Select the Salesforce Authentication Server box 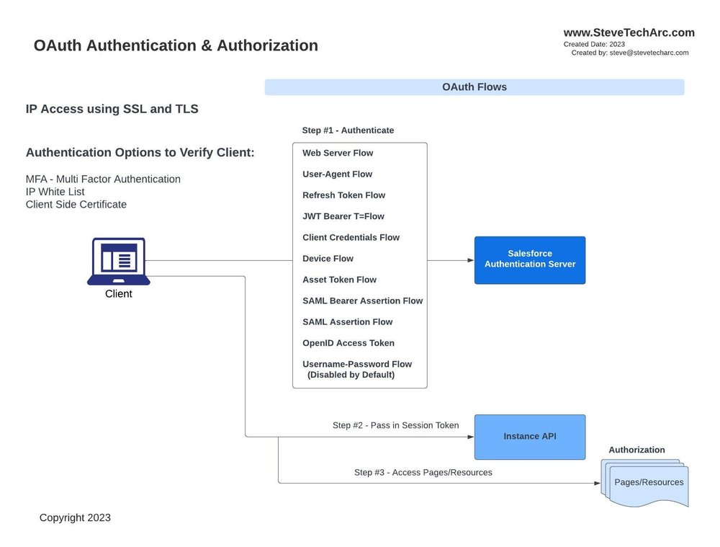529,259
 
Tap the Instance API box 529,437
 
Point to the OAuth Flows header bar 474,87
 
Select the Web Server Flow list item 338,153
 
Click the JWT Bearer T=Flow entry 343,216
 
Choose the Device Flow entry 328,259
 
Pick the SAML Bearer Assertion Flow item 362,301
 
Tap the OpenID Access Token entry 348,343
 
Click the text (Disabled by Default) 351,375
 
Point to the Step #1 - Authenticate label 348,130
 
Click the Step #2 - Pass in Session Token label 395,425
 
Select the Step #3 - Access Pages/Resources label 423,473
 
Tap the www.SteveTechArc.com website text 629,32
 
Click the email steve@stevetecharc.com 649,53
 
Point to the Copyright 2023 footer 75,517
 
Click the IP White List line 55,192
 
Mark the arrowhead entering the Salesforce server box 470,260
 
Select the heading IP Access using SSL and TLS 112,109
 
